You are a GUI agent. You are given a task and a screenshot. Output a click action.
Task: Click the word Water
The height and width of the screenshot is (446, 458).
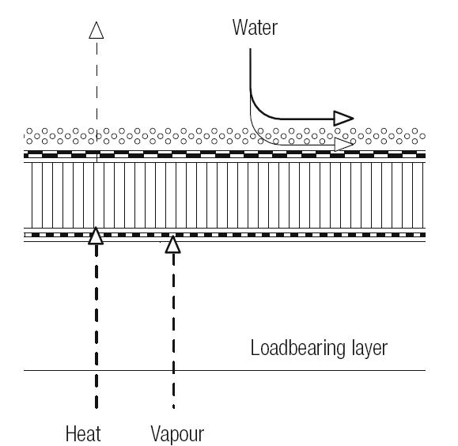255,27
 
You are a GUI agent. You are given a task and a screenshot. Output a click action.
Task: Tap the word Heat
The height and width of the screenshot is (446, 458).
83,433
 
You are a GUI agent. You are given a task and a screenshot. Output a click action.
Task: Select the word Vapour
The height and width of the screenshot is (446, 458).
177,434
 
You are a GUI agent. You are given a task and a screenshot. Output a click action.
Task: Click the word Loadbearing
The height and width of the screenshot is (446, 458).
298,348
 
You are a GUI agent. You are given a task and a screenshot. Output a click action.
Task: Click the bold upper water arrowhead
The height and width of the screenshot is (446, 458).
344,119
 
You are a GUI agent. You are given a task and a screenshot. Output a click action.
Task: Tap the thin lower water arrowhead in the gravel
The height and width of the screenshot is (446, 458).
344,145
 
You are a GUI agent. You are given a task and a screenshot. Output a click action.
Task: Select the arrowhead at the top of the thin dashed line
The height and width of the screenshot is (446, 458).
96,30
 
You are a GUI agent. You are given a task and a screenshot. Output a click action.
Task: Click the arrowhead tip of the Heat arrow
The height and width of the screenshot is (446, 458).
96,227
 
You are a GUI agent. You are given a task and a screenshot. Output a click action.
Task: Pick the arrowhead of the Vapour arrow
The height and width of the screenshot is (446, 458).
172,244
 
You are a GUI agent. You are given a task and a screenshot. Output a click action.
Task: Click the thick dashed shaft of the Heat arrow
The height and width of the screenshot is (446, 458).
97,326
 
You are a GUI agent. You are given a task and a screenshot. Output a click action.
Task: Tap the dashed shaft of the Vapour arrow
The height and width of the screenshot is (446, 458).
173,330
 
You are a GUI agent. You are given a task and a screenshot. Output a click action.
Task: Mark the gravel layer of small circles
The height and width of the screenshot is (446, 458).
225,136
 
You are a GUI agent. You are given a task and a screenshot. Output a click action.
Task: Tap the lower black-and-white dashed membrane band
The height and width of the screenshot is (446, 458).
225,235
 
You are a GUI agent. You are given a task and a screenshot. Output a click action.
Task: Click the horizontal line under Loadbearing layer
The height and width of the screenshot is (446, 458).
225,370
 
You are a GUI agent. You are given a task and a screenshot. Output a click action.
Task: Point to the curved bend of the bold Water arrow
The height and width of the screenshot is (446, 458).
259,111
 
